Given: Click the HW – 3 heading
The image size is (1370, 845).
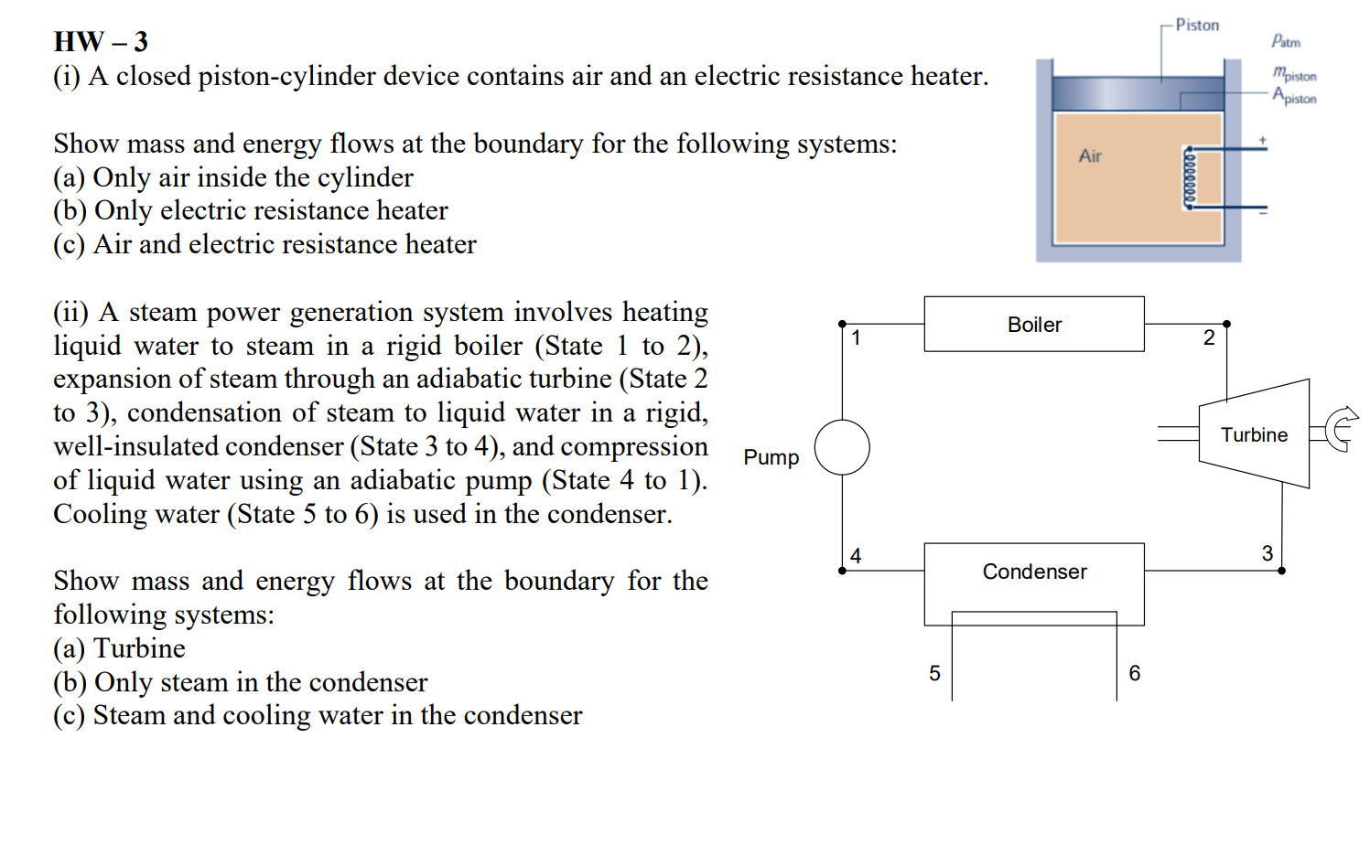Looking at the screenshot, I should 101,42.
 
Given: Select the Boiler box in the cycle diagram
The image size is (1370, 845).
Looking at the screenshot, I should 1033,324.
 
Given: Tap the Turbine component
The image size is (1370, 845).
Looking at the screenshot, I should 1253,434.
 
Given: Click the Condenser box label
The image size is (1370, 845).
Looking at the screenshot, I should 1033,572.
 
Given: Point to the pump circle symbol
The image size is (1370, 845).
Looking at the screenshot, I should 842,447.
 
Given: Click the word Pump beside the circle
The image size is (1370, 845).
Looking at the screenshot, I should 771,457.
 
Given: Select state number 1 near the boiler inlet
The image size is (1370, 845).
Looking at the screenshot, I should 856,338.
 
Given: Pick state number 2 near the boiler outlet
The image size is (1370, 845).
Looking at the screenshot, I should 1209,338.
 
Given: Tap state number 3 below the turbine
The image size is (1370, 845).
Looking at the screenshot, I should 1267,553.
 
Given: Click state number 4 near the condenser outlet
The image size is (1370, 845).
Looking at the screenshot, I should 856,556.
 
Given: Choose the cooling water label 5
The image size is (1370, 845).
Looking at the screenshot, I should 934,673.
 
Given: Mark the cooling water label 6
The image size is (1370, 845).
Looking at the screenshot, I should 1135,673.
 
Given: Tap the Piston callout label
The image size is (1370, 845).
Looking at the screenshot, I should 1197,25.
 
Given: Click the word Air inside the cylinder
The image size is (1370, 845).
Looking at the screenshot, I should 1090,156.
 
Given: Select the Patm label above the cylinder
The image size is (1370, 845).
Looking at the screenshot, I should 1285,41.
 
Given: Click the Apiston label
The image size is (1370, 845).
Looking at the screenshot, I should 1294,96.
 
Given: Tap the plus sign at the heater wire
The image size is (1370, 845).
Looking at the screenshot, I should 1262,141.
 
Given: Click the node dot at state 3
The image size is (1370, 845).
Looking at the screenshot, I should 1281,571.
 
